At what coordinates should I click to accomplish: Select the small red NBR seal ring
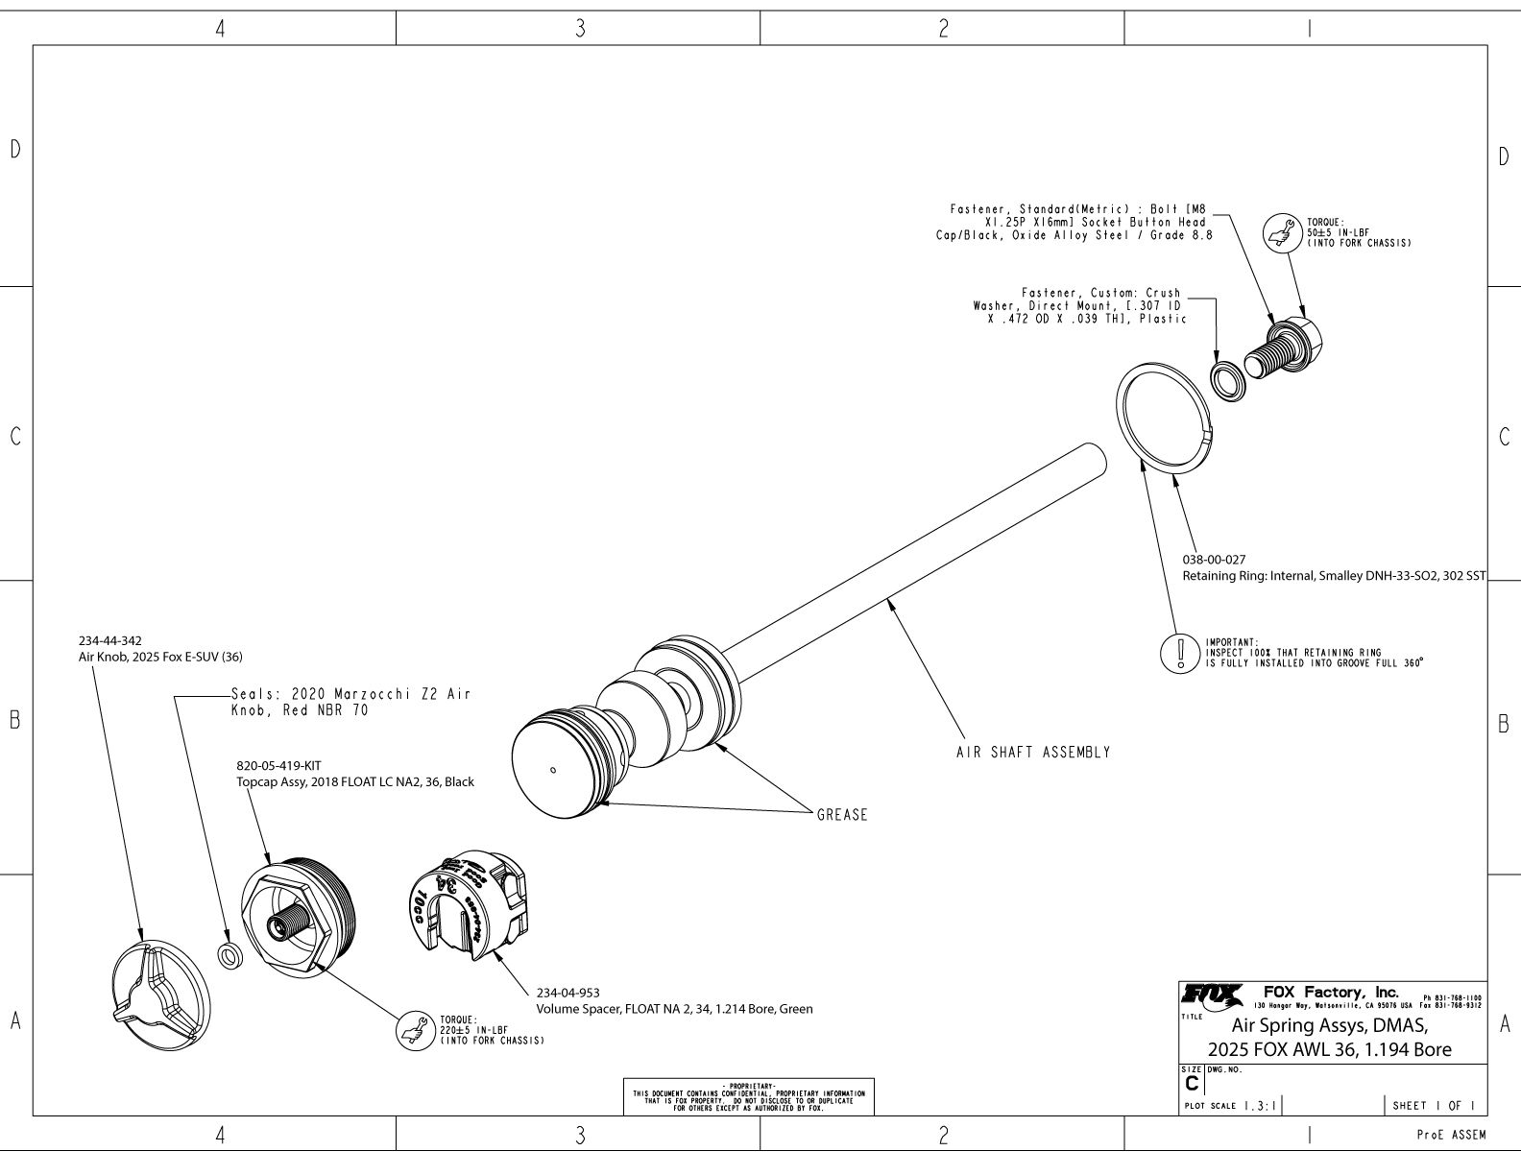pos(229,957)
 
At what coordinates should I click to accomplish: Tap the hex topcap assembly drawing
pos(297,917)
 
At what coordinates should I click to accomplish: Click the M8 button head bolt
pos(1287,348)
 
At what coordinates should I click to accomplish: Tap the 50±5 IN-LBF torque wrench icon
pos(1277,233)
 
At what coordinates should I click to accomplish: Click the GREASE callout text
pos(841,815)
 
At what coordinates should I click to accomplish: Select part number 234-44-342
pos(110,640)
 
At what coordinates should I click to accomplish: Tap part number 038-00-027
pos(1214,559)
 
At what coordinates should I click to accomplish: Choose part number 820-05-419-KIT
pos(278,766)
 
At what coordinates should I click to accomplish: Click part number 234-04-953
pos(568,993)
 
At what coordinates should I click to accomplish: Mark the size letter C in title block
pos(1193,1083)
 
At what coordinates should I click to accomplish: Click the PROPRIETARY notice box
pos(749,1097)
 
